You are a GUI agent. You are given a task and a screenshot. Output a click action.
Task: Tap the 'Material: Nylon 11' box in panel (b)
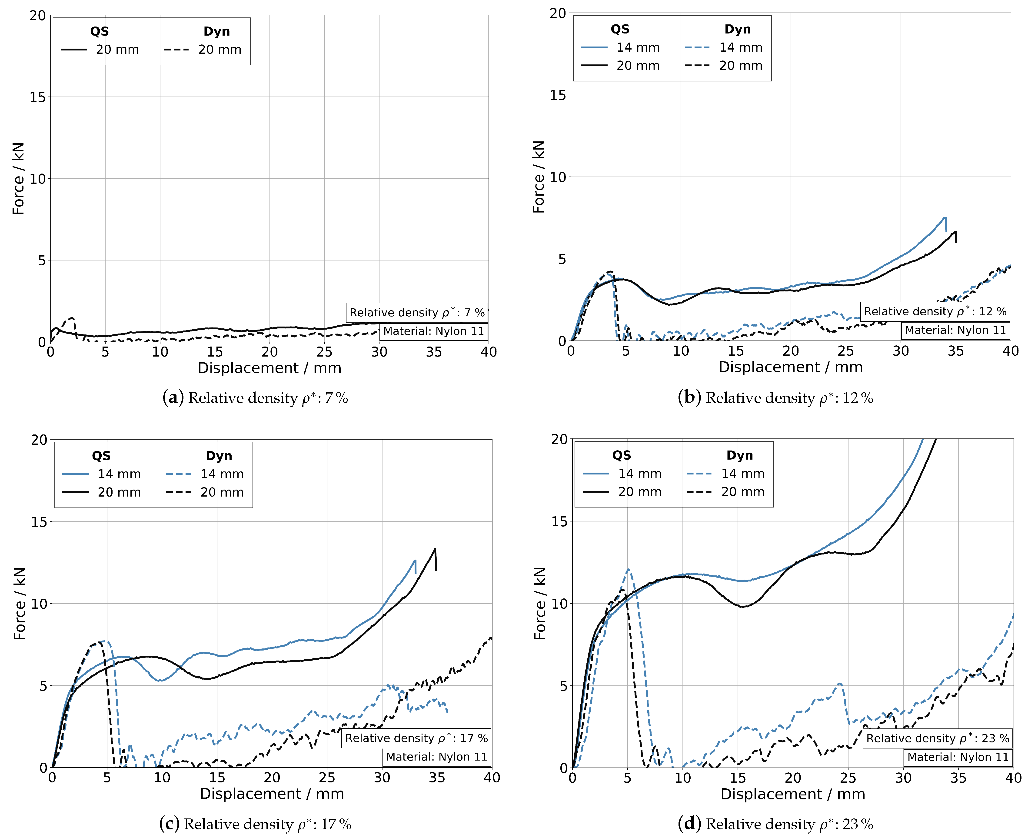tap(955, 330)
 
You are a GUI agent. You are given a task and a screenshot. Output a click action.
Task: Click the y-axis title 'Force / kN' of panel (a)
tap(18, 179)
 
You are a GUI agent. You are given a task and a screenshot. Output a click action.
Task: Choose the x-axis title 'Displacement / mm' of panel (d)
tap(792, 794)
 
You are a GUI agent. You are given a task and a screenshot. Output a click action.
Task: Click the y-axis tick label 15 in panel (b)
tap(558, 95)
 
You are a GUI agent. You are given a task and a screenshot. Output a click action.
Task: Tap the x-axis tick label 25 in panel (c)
tap(327, 778)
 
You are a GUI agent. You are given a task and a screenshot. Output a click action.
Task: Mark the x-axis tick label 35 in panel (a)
tap(434, 352)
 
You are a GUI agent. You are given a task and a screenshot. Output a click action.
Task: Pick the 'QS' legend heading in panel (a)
tap(100, 31)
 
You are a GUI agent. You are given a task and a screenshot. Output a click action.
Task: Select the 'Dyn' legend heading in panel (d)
tap(739, 455)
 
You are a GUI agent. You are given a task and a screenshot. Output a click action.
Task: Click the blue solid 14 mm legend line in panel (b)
tap(594, 47)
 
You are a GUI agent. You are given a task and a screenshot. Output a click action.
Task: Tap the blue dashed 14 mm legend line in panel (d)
tap(699, 474)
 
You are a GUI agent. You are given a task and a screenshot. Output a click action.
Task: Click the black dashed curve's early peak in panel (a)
tap(72, 318)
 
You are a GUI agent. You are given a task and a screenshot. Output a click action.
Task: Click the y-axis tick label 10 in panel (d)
tap(560, 603)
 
